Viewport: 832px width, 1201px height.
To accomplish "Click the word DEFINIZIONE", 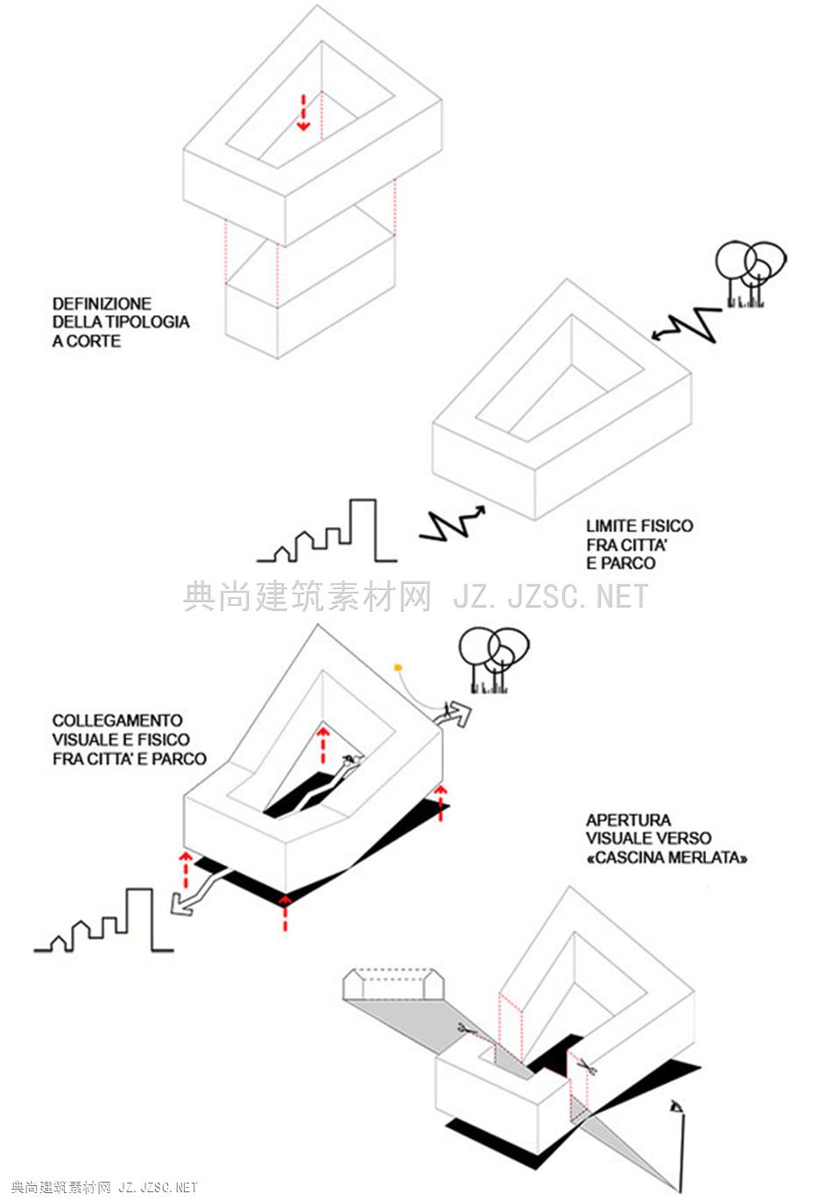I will [x=102, y=304].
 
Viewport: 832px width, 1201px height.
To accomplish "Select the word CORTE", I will [x=93, y=341].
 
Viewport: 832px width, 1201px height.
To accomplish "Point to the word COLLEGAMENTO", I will [x=117, y=720].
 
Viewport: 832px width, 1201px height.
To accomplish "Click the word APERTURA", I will [x=628, y=820].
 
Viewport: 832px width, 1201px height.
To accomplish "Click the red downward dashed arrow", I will [x=303, y=112].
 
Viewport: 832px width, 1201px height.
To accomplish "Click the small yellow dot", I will [x=398, y=668].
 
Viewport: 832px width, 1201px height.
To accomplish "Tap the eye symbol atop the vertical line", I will [x=675, y=1106].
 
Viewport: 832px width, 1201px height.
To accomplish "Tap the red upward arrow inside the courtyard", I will [x=323, y=743].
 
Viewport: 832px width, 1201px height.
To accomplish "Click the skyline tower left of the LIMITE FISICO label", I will [x=363, y=530].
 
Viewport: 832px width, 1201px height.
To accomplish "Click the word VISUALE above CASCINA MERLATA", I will [x=617, y=839].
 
